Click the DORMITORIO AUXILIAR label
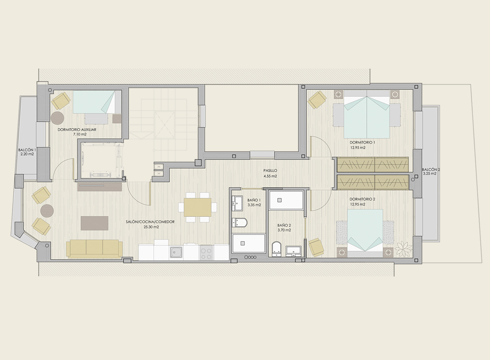click(77, 129)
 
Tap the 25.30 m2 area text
click(151, 227)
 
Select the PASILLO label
click(270, 170)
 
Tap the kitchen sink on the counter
click(176, 252)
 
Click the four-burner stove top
click(206, 252)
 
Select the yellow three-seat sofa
click(94, 249)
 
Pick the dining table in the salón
click(198, 207)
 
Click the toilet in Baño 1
click(239, 223)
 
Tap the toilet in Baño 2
click(277, 249)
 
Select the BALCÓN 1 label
click(27, 150)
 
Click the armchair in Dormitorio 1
click(317, 100)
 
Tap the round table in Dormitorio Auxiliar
click(57, 118)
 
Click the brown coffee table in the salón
click(95, 223)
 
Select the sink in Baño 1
click(237, 203)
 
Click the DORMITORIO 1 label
click(362, 142)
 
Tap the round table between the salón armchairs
click(47, 211)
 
